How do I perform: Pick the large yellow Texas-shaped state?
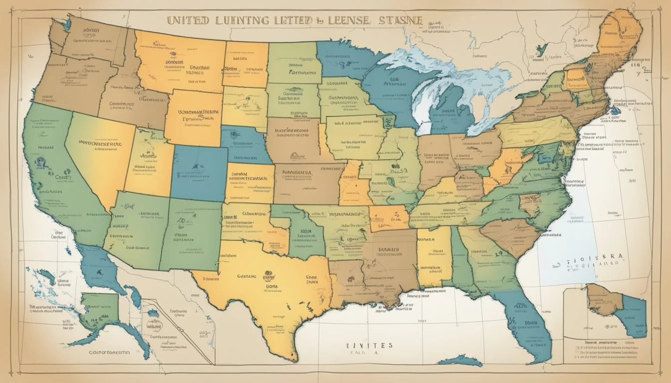click(270, 289)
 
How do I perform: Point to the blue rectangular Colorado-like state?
click(199, 172)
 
